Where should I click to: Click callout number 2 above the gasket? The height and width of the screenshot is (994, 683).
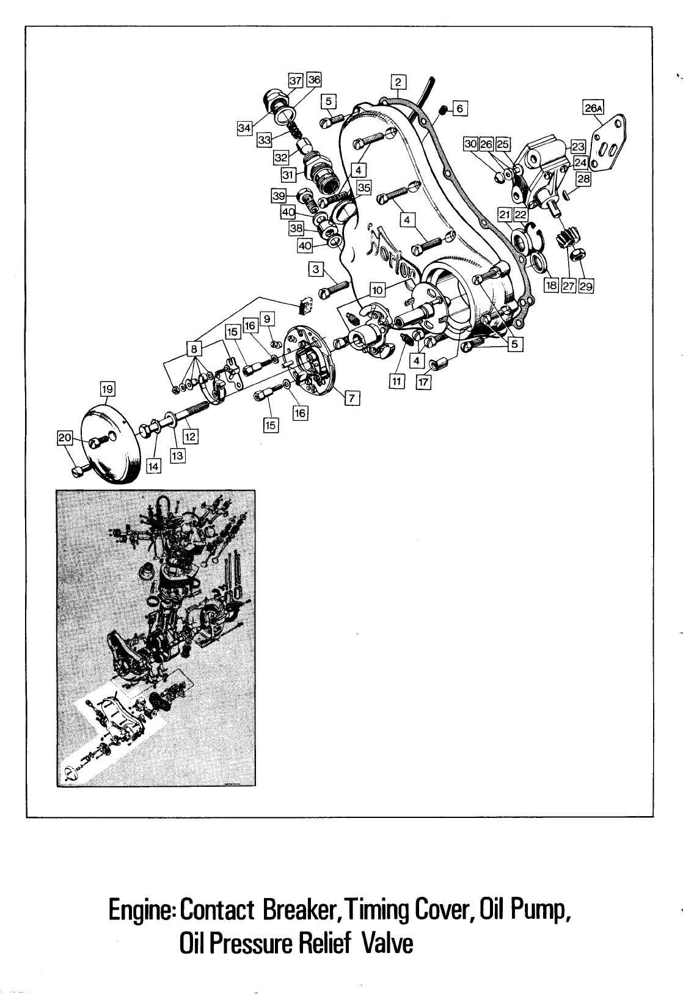[398, 83]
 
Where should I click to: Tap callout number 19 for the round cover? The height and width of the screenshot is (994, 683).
[108, 388]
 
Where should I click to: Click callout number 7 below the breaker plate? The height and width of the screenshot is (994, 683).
[352, 398]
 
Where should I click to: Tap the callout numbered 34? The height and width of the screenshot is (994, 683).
[244, 127]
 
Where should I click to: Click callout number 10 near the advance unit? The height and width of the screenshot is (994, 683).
[376, 290]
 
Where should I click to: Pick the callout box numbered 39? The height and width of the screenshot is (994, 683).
[279, 196]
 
